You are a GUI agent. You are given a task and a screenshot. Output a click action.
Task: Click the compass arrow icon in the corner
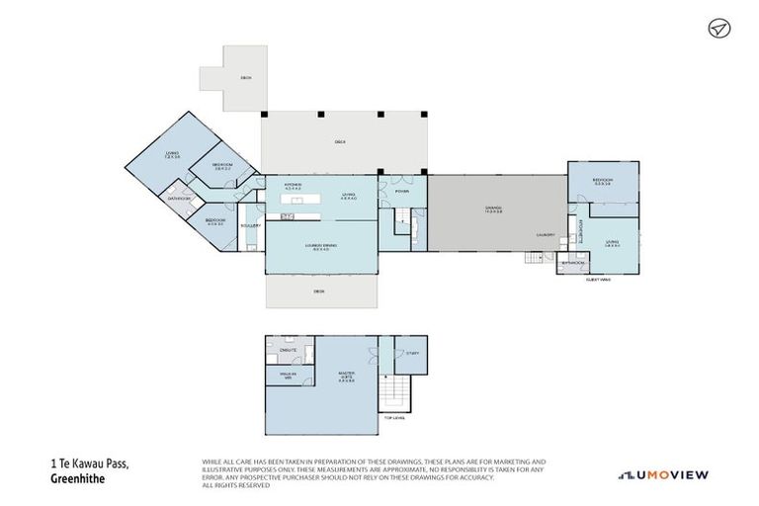point(718,29)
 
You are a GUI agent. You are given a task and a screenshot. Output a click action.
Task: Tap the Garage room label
point(480,209)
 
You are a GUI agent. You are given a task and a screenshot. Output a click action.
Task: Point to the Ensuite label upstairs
point(289,351)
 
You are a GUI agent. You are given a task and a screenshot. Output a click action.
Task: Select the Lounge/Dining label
point(318,248)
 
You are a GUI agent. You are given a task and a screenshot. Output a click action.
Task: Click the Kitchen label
point(293,186)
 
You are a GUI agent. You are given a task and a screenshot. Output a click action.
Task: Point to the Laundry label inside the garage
point(545,235)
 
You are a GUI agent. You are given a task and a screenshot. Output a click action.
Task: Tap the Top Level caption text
point(394,418)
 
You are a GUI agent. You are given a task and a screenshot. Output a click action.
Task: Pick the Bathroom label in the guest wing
point(572,263)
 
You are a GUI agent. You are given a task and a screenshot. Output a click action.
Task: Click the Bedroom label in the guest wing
point(602,181)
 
